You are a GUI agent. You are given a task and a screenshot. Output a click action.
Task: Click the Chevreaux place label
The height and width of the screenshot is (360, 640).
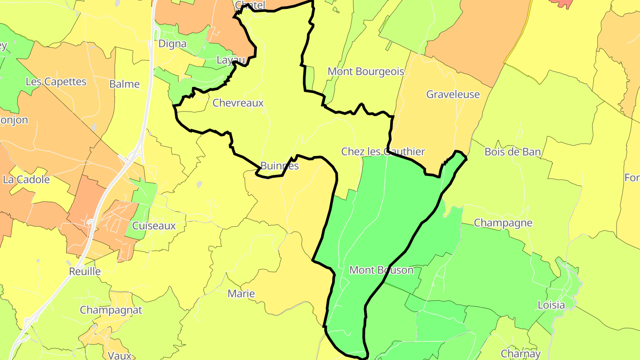(x=238, y=103)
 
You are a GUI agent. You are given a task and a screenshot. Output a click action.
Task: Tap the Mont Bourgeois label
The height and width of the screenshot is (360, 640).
(x=366, y=72)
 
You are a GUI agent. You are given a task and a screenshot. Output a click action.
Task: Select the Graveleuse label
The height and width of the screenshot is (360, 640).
(x=453, y=94)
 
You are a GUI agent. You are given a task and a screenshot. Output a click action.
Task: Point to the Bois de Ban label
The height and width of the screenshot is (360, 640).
(x=512, y=152)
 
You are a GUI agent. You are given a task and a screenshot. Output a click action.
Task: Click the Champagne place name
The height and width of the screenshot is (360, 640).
(x=503, y=223)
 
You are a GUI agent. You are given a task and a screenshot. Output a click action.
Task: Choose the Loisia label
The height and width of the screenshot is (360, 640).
(x=551, y=305)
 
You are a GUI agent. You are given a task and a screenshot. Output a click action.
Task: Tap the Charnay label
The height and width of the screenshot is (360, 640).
(x=520, y=354)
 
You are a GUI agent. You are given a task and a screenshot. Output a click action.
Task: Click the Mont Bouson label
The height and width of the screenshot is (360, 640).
(x=381, y=270)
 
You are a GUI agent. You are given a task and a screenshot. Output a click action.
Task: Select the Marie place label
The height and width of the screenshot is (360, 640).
(x=241, y=294)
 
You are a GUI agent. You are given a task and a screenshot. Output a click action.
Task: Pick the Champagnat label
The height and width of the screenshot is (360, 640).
(x=111, y=310)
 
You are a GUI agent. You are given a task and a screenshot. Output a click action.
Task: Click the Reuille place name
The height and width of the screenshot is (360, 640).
(x=85, y=272)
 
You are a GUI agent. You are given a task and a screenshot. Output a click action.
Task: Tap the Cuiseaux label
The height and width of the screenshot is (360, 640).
(x=154, y=226)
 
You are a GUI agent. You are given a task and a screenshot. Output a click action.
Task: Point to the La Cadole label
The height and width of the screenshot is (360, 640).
(x=26, y=180)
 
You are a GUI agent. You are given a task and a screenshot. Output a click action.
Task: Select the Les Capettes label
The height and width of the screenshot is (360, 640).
(x=56, y=82)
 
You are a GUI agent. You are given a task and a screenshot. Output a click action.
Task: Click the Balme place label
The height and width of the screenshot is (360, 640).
(x=124, y=84)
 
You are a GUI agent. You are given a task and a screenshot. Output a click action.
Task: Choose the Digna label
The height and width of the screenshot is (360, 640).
(x=172, y=44)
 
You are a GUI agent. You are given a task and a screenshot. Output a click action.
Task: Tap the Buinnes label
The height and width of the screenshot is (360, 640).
(x=280, y=166)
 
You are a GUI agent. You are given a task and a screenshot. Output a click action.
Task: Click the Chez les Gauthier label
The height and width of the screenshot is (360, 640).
(x=383, y=152)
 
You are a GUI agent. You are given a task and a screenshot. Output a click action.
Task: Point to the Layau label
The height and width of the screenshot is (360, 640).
(x=231, y=60)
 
